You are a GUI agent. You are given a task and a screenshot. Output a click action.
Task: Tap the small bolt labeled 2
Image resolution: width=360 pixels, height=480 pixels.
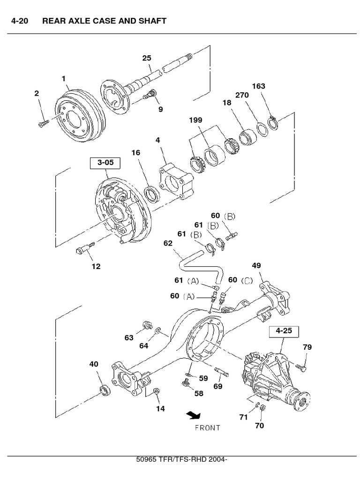(43, 123)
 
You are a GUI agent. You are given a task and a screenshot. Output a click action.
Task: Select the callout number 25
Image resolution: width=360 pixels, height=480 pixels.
(147, 58)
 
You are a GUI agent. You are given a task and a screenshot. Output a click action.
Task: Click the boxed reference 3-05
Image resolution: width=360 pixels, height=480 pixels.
(105, 163)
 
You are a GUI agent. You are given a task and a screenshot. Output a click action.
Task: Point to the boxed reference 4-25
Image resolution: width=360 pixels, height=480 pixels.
(284, 330)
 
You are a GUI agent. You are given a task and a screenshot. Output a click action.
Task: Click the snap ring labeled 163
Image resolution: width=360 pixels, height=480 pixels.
(273, 123)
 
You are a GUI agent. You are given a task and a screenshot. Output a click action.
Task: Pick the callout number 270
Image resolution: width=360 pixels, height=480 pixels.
(242, 95)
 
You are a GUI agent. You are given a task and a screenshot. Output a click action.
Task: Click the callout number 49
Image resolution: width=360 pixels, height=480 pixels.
(256, 266)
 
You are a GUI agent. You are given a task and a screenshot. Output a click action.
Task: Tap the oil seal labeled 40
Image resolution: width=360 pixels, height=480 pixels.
(106, 389)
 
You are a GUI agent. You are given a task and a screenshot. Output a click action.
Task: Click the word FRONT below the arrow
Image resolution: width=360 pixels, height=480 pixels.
(207, 427)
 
